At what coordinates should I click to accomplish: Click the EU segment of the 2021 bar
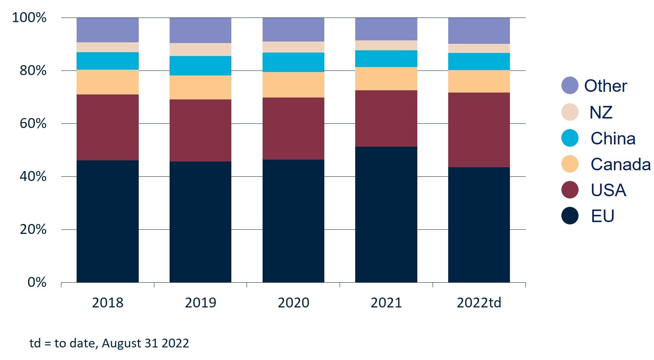pyautogui.click(x=386, y=214)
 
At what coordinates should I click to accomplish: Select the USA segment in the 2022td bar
pyautogui.click(x=479, y=130)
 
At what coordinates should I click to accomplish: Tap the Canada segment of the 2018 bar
pyautogui.click(x=107, y=82)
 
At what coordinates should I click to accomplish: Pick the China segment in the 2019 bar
pyautogui.click(x=200, y=66)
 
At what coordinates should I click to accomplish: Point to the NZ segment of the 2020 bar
pyautogui.click(x=293, y=47)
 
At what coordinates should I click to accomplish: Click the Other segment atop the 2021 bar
pyautogui.click(x=386, y=29)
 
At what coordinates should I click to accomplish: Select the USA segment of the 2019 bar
pyautogui.click(x=200, y=130)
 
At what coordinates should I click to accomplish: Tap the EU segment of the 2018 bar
pyautogui.click(x=107, y=221)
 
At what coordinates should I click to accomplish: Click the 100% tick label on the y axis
pyautogui.click(x=29, y=18)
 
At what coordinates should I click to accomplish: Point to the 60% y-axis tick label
pyautogui.click(x=33, y=123)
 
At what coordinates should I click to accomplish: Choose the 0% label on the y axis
pyautogui.click(x=37, y=282)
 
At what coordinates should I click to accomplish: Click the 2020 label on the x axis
pyautogui.click(x=293, y=303)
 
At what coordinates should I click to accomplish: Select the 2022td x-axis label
pyautogui.click(x=479, y=303)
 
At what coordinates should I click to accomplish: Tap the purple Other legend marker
pyautogui.click(x=570, y=85)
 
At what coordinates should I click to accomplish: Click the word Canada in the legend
pyautogui.click(x=620, y=165)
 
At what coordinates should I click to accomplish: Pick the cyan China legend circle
pyautogui.click(x=570, y=138)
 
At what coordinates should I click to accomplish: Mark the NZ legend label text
pyautogui.click(x=601, y=112)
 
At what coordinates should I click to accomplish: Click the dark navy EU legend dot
pyautogui.click(x=570, y=216)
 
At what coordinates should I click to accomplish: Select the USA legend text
pyautogui.click(x=608, y=190)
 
